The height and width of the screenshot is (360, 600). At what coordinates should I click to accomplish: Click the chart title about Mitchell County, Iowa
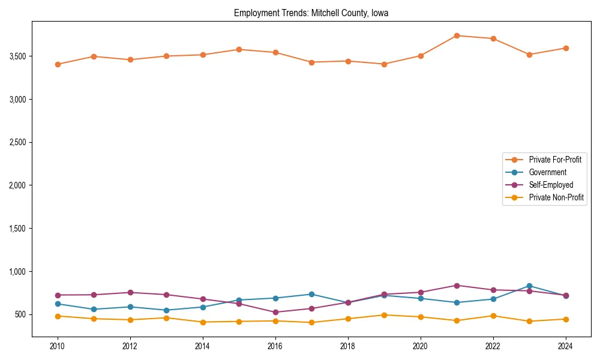[x=311, y=13]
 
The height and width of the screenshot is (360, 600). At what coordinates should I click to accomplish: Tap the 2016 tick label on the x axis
[x=275, y=346]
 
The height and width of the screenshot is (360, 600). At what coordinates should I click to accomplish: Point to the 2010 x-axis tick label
[x=58, y=346]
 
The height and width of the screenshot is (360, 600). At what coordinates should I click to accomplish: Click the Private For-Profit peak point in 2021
[x=457, y=35]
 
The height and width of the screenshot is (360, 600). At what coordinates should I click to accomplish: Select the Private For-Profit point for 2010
[x=58, y=64]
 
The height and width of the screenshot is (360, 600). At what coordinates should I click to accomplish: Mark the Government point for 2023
[x=529, y=286]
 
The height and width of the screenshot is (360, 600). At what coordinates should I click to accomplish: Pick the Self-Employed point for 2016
[x=275, y=312]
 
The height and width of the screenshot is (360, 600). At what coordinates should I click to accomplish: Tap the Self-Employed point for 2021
[x=457, y=286]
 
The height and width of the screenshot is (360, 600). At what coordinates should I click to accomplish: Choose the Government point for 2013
[x=166, y=310]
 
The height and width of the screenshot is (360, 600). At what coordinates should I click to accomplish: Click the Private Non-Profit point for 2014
[x=203, y=322]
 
